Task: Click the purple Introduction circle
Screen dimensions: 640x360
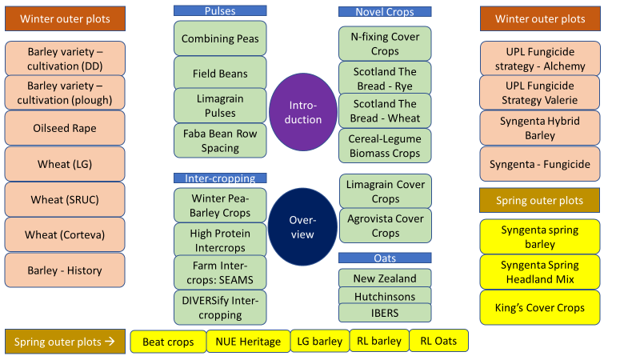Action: pyautogui.click(x=303, y=112)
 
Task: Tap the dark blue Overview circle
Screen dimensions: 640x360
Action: pyautogui.click(x=302, y=227)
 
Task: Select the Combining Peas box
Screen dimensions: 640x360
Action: pyautogui.click(x=220, y=38)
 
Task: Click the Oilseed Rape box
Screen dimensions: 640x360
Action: pyautogui.click(x=65, y=128)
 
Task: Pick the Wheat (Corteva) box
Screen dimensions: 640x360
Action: pyautogui.click(x=65, y=234)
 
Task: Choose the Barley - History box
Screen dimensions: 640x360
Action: pyautogui.click(x=65, y=270)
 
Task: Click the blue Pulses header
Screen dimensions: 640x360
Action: pyautogui.click(x=220, y=10)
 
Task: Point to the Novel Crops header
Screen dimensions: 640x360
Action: pyautogui.click(x=385, y=12)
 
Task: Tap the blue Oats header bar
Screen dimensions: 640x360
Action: pyautogui.click(x=385, y=258)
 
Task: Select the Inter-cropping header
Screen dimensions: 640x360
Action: pyautogui.click(x=220, y=178)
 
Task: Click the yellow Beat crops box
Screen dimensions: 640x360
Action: pyautogui.click(x=168, y=342)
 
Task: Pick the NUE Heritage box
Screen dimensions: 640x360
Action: pyautogui.click(x=248, y=342)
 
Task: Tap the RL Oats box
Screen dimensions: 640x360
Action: pyautogui.click(x=438, y=341)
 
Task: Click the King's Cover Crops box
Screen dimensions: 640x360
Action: pyautogui.click(x=540, y=308)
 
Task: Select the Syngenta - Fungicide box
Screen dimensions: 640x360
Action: pyautogui.click(x=540, y=164)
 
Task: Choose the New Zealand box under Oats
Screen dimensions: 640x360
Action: pyautogui.click(x=385, y=278)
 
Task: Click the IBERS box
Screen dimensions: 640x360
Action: pyautogui.click(x=385, y=313)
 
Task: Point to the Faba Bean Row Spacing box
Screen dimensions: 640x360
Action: pyautogui.click(x=220, y=141)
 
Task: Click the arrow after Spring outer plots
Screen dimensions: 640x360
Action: pyautogui.click(x=110, y=342)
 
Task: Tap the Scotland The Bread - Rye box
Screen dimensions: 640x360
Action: pyautogui.click(x=385, y=78)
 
